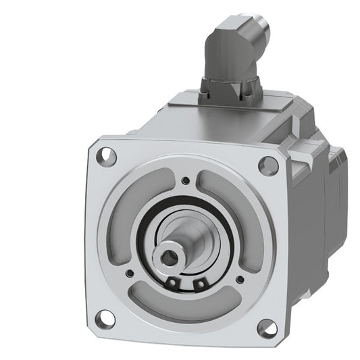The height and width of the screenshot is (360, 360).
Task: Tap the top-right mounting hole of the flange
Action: (x=269, y=164)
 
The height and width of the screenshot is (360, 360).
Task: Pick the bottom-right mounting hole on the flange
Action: (x=265, y=328)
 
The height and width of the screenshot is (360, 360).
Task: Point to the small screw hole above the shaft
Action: (x=185, y=180)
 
